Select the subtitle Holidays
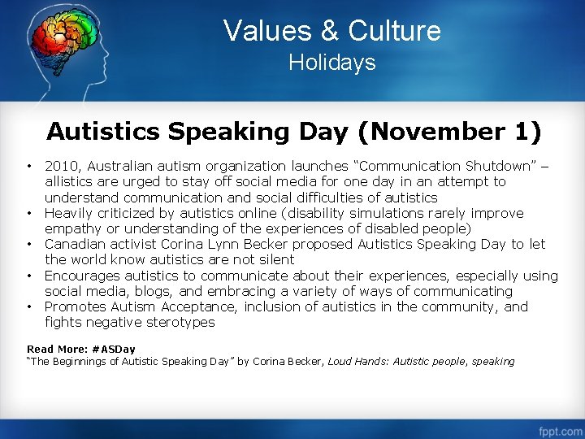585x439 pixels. [x=332, y=63]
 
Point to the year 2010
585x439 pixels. [x=61, y=167]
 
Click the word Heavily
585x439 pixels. [x=71, y=213]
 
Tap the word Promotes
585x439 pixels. [x=76, y=306]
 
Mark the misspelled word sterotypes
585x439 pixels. [x=175, y=322]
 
